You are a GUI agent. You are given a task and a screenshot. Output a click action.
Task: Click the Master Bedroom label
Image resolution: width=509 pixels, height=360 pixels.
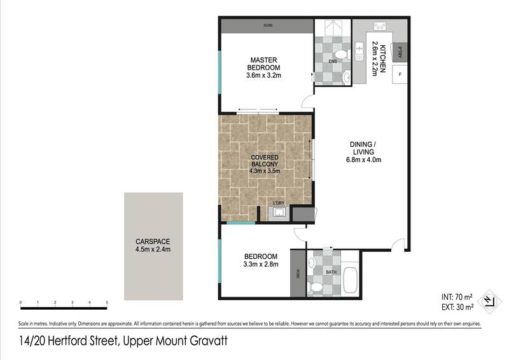pyautogui.click(x=263, y=64)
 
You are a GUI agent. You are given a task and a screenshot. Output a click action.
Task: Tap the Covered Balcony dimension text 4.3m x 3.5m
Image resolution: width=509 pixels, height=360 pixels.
pyautogui.click(x=265, y=171)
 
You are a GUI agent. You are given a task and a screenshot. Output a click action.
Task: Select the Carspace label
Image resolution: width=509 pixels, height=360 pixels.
pyautogui.click(x=153, y=242)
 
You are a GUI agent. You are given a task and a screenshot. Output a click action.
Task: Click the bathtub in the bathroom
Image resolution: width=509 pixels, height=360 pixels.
pyautogui.click(x=350, y=280)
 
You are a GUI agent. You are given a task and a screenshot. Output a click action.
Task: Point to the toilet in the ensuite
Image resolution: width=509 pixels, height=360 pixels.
pyautogui.click(x=342, y=55)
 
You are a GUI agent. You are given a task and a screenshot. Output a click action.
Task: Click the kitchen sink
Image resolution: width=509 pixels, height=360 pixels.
pyautogui.click(x=359, y=51)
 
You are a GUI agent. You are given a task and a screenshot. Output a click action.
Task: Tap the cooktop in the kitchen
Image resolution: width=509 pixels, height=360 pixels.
pyautogui.click(x=379, y=26)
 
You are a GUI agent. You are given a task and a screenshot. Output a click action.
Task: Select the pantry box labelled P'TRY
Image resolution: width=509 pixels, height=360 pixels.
pyautogui.click(x=400, y=53)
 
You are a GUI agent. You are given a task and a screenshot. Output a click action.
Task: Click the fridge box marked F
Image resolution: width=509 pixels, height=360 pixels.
pyautogui.click(x=400, y=74)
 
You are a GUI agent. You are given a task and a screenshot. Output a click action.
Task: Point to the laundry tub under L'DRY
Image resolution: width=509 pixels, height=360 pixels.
pyautogui.click(x=279, y=213)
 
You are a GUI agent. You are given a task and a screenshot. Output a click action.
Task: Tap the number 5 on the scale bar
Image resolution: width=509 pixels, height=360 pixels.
pyautogui.click(x=107, y=303)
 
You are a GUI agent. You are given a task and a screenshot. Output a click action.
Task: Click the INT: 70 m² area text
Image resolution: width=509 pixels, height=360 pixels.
pyautogui.click(x=457, y=296)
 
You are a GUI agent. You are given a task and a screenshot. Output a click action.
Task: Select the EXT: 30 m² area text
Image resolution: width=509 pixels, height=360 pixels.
pyautogui.click(x=457, y=307)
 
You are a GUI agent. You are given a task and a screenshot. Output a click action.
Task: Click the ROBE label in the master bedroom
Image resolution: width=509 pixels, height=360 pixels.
pyautogui.click(x=268, y=25)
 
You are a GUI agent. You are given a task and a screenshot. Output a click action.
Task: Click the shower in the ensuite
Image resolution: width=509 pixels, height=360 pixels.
pyautogui.click(x=333, y=27)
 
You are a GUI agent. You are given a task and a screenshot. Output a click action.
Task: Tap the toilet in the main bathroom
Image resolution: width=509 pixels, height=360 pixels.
pyautogui.click(x=316, y=287)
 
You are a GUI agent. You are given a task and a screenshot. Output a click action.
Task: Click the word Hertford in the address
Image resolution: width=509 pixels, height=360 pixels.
pyautogui.click(x=82, y=341)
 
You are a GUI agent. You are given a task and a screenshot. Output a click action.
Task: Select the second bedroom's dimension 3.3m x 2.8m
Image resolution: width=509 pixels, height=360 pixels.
pyautogui.click(x=261, y=264)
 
